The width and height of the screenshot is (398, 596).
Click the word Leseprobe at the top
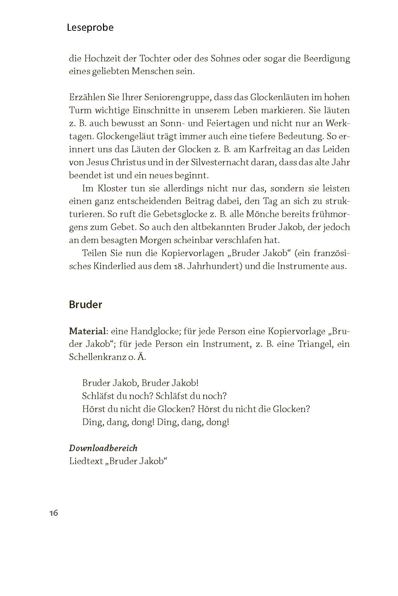click(x=90, y=27)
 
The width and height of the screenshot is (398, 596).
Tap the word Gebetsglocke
click(x=185, y=214)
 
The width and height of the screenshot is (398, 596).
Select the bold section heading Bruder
click(x=85, y=305)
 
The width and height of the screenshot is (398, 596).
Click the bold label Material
click(x=87, y=331)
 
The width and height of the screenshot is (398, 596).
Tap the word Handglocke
click(x=155, y=331)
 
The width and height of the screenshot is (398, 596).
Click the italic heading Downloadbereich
click(x=103, y=448)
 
